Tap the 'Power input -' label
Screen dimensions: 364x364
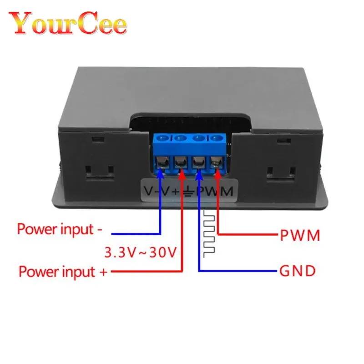point(60,228)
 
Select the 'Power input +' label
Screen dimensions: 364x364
point(63,272)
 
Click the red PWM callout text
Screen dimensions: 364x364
point(300,235)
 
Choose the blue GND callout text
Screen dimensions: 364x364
point(297,272)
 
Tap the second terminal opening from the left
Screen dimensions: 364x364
point(181,162)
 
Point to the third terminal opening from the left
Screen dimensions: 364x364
point(198,162)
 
